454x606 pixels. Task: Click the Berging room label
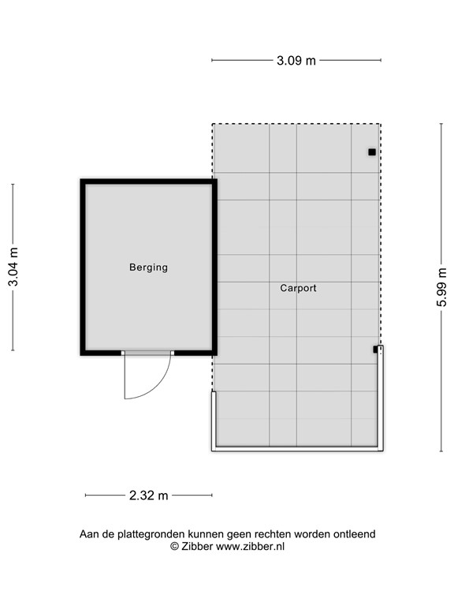(148, 267)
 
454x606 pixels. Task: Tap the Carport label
(298, 289)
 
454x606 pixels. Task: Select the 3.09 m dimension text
(296, 60)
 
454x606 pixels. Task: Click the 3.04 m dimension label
(13, 267)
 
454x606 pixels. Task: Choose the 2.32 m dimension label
(148, 496)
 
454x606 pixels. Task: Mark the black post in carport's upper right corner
(371, 151)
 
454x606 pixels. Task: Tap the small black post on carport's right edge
(376, 349)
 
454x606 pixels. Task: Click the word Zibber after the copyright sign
(196, 546)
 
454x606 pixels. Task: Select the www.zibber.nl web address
(250, 546)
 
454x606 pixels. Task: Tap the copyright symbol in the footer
(174, 546)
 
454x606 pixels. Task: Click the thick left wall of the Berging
(83, 267)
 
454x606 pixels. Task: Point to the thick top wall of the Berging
(148, 182)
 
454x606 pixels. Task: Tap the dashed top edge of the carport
(296, 123)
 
